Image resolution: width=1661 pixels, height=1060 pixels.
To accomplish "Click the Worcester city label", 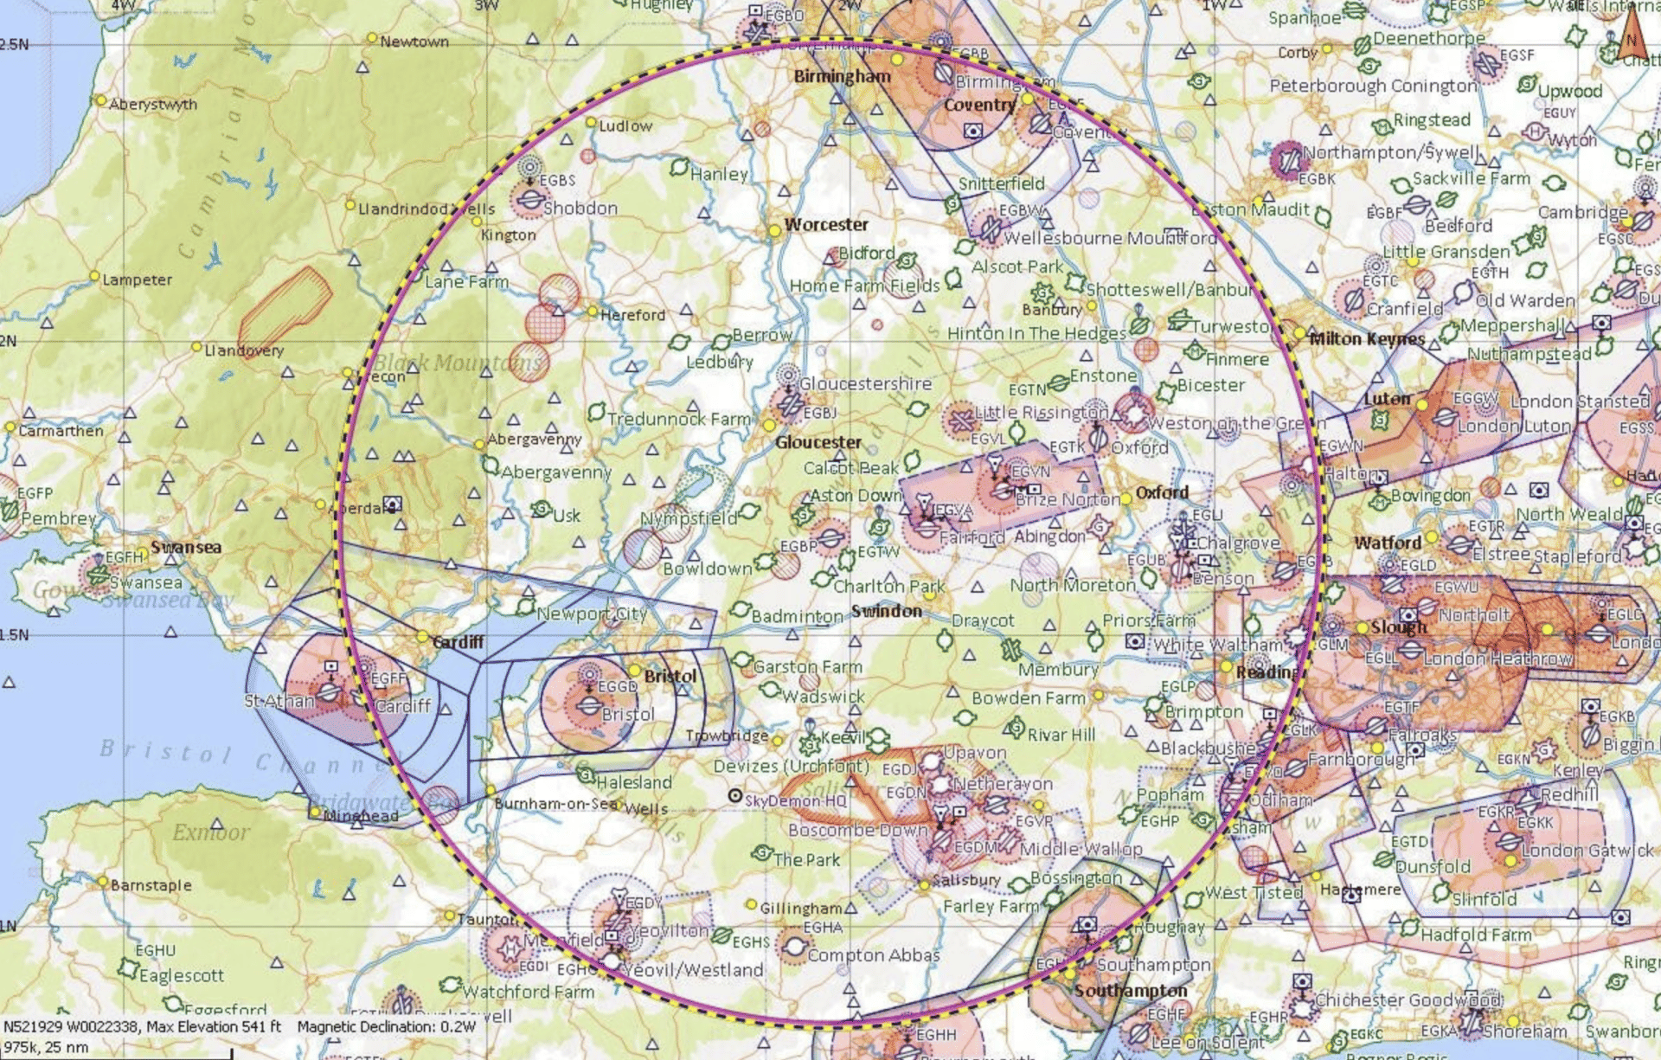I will [x=825, y=225].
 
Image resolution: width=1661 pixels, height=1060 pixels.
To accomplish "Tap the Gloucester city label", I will [x=818, y=442].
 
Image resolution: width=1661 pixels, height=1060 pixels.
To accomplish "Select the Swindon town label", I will [x=886, y=611].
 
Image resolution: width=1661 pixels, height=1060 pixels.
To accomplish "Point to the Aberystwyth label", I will [x=152, y=105].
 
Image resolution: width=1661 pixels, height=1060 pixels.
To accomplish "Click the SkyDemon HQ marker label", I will [x=795, y=800].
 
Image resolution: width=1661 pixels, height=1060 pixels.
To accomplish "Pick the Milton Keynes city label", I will [x=1366, y=338].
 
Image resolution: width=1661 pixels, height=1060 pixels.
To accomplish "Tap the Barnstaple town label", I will [x=151, y=885].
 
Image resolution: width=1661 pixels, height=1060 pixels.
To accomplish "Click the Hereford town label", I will [x=632, y=315].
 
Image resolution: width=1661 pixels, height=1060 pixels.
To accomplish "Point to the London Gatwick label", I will [x=1587, y=851].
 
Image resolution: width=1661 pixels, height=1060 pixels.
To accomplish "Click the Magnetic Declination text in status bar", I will [x=386, y=1027].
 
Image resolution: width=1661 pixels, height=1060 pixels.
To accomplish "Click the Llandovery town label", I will [x=243, y=350].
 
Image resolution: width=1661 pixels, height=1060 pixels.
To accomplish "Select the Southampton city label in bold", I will [x=1130, y=990].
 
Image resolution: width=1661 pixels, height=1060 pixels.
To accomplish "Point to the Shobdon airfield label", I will [x=580, y=209].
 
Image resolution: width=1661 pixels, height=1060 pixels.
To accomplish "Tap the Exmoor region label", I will [x=210, y=832].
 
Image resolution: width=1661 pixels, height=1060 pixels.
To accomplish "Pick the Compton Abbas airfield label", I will [x=873, y=955].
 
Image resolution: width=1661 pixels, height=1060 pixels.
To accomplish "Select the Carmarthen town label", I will [x=60, y=431].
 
